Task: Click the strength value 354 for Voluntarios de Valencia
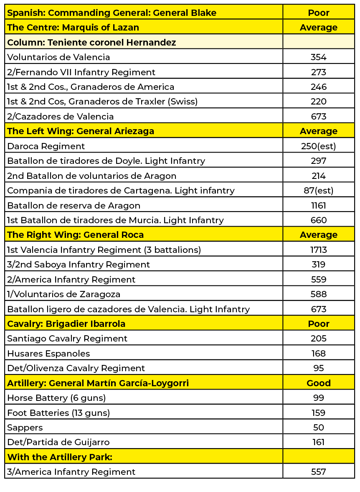click(x=318, y=57)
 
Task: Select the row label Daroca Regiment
click(x=46, y=146)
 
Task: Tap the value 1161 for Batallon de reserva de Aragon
click(x=318, y=206)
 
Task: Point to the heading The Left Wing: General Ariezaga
click(x=81, y=131)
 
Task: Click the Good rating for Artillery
click(x=318, y=383)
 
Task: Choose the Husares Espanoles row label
click(x=48, y=354)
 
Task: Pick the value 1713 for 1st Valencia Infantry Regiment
click(x=318, y=250)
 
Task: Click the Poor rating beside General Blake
click(x=318, y=13)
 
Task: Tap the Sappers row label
click(x=25, y=428)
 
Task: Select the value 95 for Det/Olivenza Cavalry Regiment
click(x=318, y=368)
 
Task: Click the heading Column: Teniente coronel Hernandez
click(x=91, y=43)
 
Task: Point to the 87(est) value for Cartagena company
click(x=318, y=191)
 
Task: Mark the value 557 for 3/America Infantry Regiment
click(x=318, y=472)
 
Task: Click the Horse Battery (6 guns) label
click(x=56, y=398)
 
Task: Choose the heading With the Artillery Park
click(x=60, y=457)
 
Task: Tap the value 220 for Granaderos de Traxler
click(x=318, y=102)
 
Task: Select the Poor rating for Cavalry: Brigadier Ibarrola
click(x=318, y=324)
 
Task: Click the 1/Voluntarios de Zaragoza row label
click(x=63, y=294)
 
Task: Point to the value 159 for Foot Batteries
click(x=318, y=413)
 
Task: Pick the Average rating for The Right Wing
click(x=318, y=235)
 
